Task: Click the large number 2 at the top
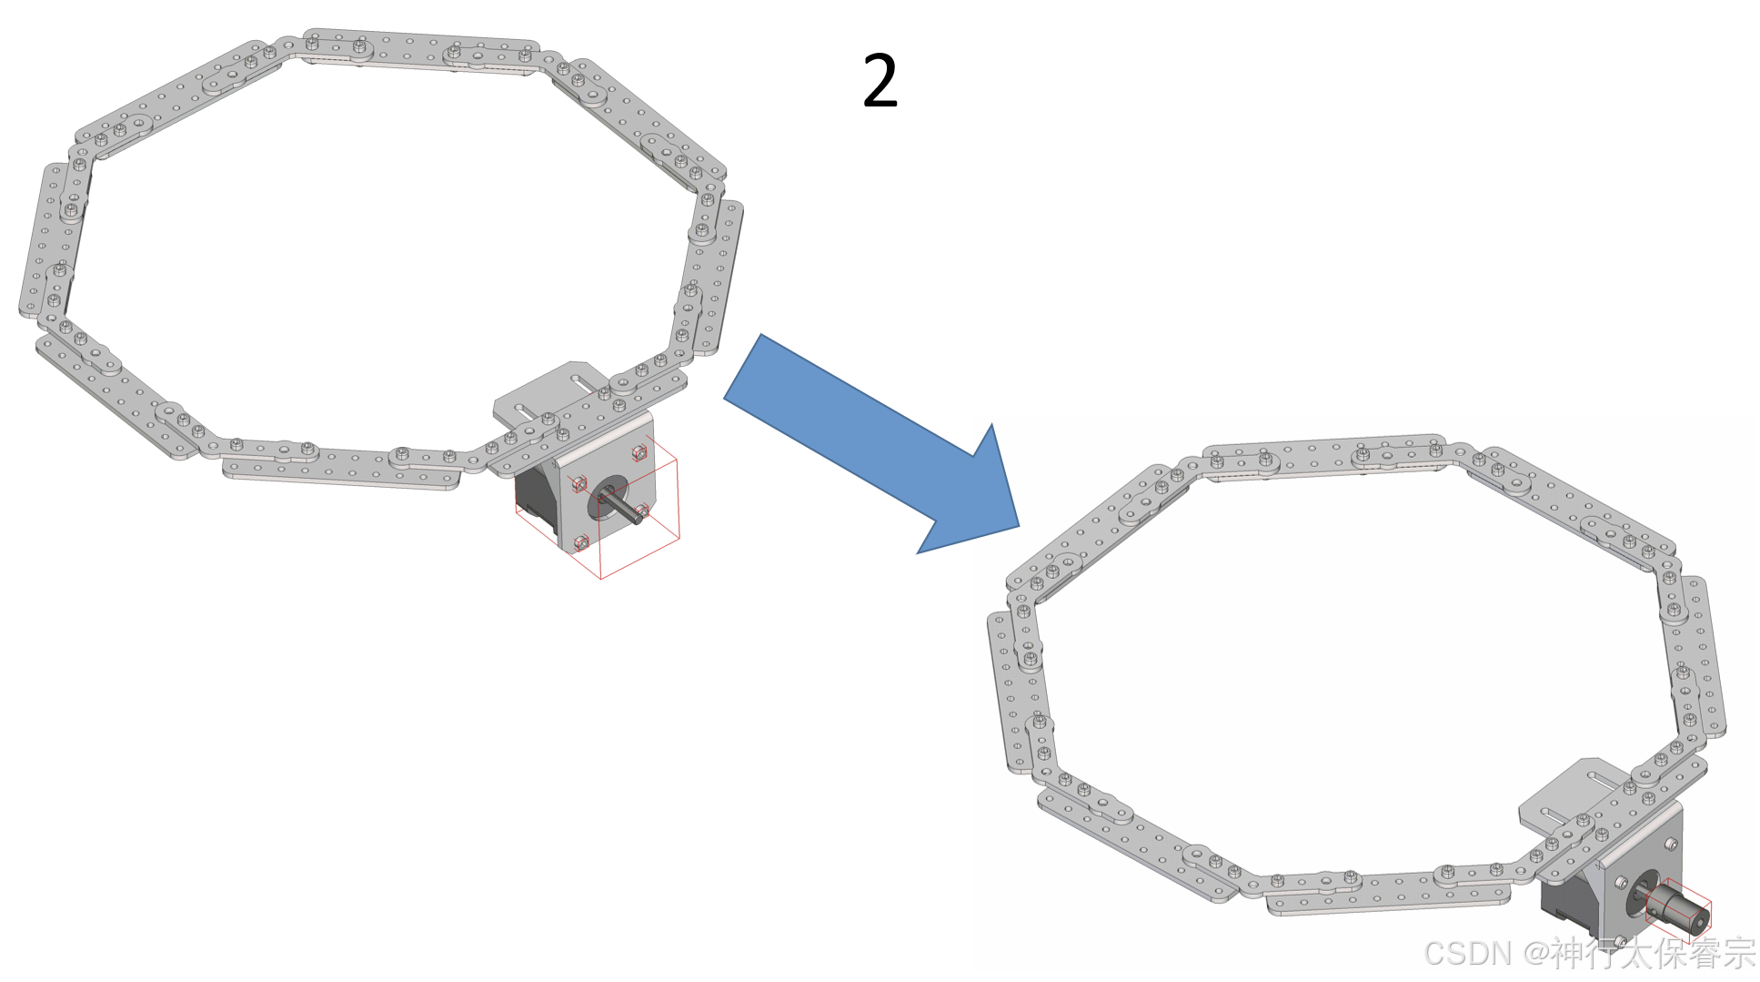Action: point(880,81)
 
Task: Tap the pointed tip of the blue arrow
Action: point(1019,526)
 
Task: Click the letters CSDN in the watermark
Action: point(1467,953)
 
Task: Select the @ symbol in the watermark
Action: point(1534,954)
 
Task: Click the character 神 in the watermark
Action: point(1567,953)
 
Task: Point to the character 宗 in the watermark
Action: point(1738,953)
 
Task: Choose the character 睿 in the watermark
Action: point(1704,953)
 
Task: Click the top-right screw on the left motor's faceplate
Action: point(639,451)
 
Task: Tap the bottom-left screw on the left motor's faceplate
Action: point(581,543)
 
